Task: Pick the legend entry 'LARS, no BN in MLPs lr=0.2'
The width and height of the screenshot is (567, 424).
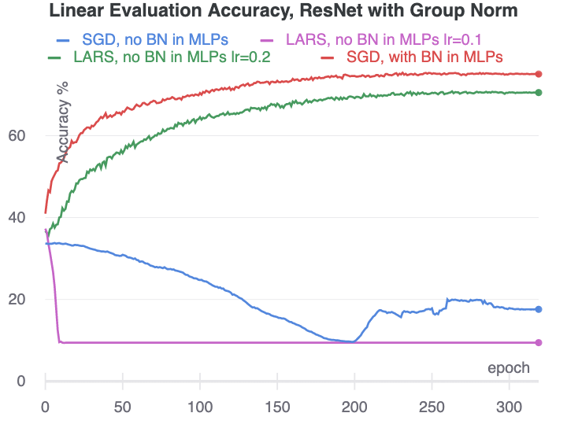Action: (158, 57)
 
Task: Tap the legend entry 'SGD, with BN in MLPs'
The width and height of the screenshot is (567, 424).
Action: (424, 57)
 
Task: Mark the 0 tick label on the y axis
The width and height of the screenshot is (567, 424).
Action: (20, 381)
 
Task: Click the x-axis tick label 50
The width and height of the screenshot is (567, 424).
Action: (122, 407)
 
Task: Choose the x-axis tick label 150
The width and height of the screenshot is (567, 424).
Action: (276, 407)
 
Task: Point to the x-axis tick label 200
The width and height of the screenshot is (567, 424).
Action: (354, 407)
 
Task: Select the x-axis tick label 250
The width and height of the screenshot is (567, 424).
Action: (431, 407)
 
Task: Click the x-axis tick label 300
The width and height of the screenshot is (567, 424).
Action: (508, 407)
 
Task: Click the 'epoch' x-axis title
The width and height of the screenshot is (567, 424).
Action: (509, 367)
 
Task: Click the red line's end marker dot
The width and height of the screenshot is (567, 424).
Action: (539, 74)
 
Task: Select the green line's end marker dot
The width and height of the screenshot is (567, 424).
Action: (539, 93)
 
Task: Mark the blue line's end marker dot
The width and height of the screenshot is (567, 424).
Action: (539, 309)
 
